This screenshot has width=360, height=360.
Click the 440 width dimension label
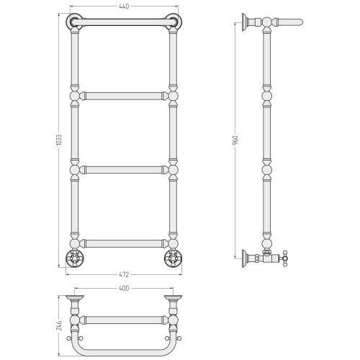(x=124, y=6)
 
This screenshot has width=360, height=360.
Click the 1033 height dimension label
(x=60, y=140)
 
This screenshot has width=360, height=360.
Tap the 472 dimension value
(x=124, y=274)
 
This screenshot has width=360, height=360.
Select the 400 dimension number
(x=124, y=288)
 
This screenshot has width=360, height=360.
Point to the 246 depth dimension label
(x=59, y=325)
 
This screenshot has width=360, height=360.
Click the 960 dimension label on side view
(x=235, y=141)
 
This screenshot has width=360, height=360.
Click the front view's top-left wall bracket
(x=74, y=22)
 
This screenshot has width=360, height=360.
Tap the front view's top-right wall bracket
(x=174, y=22)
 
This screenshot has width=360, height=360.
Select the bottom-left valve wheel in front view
(x=75, y=258)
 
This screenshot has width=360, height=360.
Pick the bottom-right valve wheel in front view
(x=173, y=258)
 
